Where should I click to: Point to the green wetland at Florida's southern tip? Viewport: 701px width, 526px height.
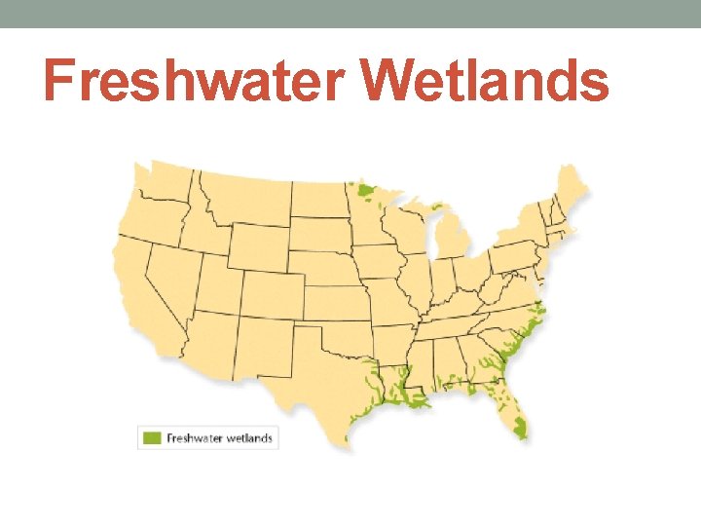pyautogui.click(x=520, y=427)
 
